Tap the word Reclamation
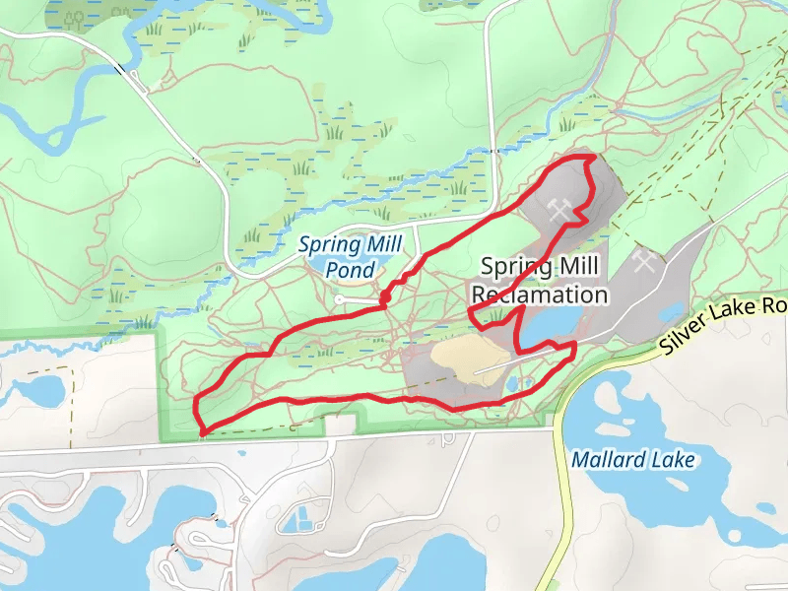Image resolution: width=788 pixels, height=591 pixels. (x=539, y=295)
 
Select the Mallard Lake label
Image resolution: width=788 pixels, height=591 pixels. (x=633, y=460)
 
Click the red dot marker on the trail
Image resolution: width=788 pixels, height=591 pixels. (x=386, y=295)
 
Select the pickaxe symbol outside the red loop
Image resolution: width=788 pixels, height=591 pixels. (x=645, y=262)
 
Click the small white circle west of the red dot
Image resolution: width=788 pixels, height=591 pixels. (x=339, y=298)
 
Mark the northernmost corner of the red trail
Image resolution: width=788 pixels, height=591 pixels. (x=589, y=158)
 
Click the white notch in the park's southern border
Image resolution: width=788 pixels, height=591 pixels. (x=340, y=425)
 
